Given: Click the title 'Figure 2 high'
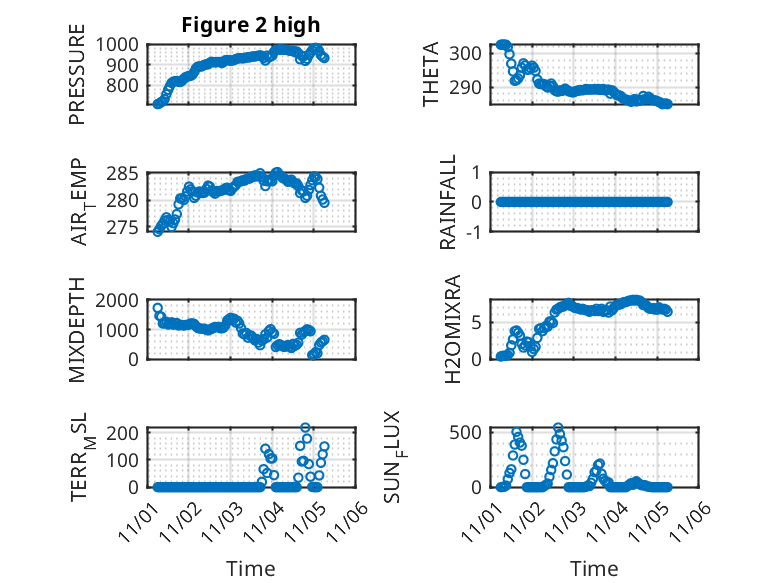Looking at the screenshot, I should [x=251, y=25].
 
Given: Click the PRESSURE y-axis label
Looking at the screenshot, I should [x=77, y=82].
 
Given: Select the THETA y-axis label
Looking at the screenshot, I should [x=431, y=75].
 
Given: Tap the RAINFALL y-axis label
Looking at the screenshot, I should [x=449, y=202].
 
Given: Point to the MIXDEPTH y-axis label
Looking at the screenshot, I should [x=77, y=331].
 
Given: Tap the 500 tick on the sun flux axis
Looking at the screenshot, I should [x=473, y=432].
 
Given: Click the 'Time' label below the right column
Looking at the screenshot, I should [x=594, y=569].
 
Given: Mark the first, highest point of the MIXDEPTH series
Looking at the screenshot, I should [x=158, y=308].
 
